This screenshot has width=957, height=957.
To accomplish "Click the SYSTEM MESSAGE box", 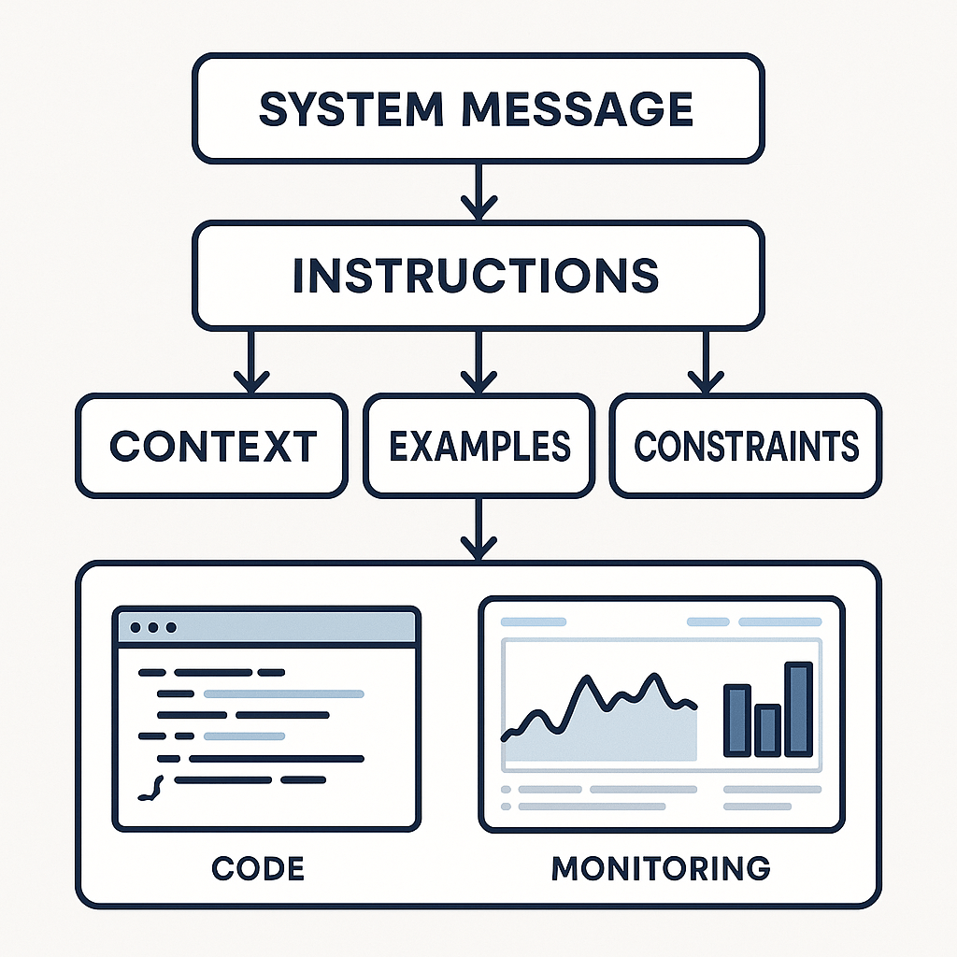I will [x=478, y=108].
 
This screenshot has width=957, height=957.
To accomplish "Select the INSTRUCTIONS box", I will [x=478, y=275].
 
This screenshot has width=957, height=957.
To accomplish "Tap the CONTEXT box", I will [x=212, y=445].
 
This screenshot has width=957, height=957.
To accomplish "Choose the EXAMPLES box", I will [x=478, y=445].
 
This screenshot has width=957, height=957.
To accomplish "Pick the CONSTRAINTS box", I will [x=746, y=445].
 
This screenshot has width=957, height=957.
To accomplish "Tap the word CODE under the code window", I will [x=258, y=868].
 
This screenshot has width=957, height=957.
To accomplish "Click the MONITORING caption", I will [x=661, y=868].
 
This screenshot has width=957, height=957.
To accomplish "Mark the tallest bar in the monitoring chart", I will [x=798, y=708].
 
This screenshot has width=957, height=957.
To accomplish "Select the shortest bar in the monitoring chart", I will [x=767, y=730].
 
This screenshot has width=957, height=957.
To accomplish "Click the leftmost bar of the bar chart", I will [x=737, y=720].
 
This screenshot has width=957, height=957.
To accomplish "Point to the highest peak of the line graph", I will [x=589, y=679].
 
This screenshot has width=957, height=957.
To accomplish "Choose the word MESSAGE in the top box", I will [x=578, y=109].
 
